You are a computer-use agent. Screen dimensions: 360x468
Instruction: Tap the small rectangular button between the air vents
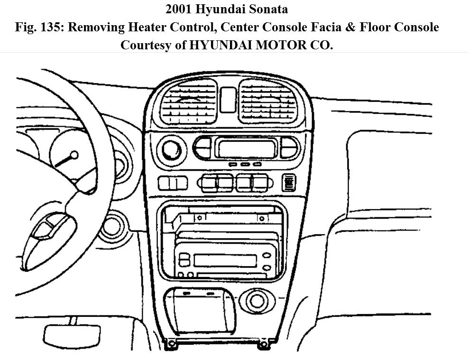click(228, 99)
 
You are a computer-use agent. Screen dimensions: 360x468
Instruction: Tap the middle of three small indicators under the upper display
click(245, 164)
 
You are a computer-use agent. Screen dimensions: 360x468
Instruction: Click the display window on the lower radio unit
click(225, 260)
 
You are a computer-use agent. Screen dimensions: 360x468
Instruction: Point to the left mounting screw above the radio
click(200, 218)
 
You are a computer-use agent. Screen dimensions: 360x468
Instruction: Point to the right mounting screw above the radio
click(261, 218)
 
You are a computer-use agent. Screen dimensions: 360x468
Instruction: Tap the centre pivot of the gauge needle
click(74, 155)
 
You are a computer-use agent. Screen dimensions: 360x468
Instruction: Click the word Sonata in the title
click(267, 9)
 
